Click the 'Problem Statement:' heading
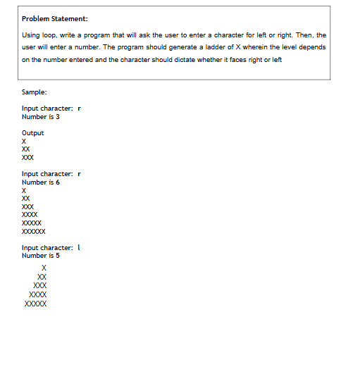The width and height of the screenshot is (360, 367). point(54,18)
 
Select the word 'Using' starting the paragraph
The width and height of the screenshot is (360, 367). point(30,35)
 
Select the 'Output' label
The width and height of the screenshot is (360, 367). point(33,132)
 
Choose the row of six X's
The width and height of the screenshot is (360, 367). point(34,231)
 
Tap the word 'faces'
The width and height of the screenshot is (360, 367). point(248,60)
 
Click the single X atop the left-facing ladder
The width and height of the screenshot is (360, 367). point(44,268)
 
